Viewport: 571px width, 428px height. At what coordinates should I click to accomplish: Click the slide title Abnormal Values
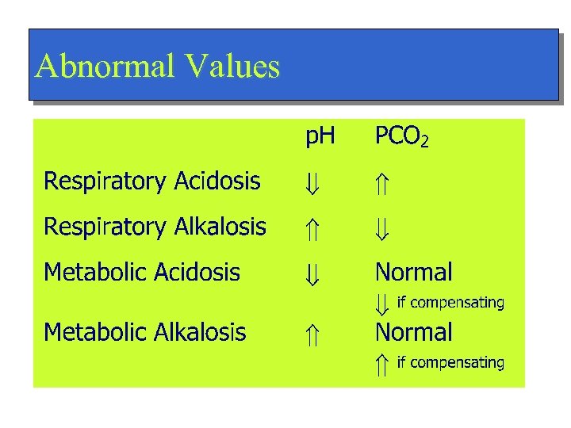point(158,67)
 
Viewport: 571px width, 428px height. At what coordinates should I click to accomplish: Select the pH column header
point(320,138)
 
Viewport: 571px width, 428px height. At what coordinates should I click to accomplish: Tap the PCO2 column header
point(402,138)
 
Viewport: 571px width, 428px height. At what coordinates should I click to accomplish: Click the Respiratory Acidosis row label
point(152,182)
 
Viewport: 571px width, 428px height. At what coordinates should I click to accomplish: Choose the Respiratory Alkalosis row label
point(155,227)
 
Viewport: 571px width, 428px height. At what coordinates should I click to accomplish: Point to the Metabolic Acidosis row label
point(142,273)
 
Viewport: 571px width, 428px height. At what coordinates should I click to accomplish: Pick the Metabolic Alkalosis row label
point(145,331)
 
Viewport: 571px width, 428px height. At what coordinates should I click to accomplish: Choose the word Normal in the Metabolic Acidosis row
point(414,273)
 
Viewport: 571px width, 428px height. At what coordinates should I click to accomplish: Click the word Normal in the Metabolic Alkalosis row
point(414,331)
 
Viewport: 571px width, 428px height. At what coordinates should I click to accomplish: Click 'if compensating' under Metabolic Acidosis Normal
point(450,303)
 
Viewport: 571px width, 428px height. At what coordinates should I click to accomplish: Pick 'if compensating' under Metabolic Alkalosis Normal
point(450,363)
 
